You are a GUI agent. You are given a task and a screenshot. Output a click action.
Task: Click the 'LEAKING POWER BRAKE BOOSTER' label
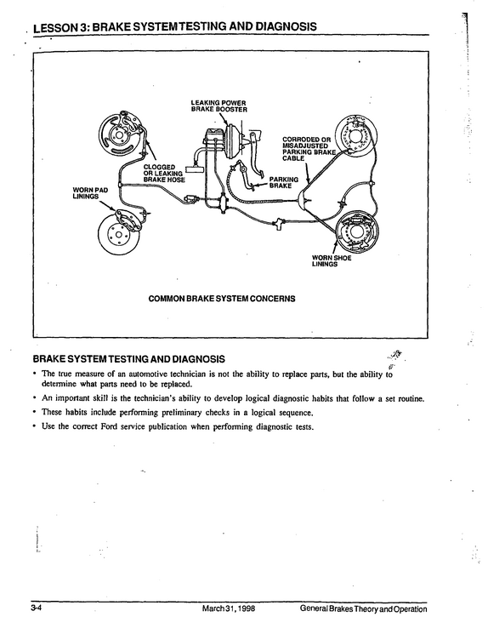tap(218, 106)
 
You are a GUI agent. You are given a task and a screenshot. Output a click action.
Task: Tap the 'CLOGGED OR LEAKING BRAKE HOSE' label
tap(164, 174)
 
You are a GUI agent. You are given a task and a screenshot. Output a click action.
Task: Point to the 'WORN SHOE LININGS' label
tap(332, 260)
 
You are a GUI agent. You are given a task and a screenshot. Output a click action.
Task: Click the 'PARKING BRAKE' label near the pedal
tap(284, 182)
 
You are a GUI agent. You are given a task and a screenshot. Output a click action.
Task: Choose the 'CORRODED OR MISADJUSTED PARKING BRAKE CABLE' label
tap(309, 149)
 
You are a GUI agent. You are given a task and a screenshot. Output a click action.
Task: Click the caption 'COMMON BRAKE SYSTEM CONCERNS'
tap(222, 299)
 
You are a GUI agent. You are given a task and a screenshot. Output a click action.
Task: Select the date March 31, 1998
tap(228, 609)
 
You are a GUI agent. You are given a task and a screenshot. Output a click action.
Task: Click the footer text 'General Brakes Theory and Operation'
tap(363, 609)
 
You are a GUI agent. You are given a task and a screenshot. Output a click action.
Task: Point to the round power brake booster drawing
tap(232, 142)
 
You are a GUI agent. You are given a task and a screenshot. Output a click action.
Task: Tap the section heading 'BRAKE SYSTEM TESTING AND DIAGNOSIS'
tap(129, 359)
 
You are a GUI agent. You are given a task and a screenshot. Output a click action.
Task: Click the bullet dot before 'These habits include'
tap(36, 413)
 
